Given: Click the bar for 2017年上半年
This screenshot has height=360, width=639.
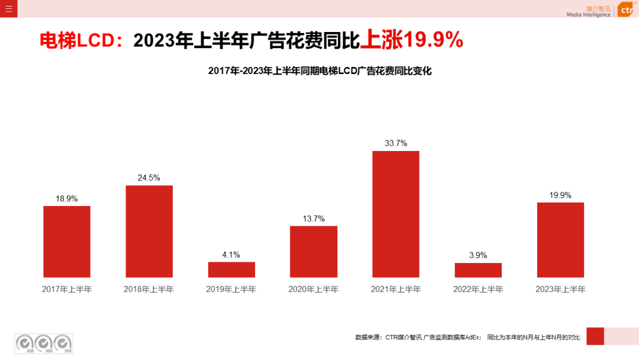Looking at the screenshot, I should [67, 242].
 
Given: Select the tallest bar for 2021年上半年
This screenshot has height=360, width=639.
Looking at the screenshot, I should [396, 214].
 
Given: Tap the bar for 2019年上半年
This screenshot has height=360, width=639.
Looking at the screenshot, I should [231, 269].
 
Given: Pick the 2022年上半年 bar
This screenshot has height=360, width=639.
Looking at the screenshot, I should [478, 270].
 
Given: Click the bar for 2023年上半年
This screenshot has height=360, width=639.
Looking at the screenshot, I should [560, 240].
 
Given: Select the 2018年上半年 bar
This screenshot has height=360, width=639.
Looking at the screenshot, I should [149, 231].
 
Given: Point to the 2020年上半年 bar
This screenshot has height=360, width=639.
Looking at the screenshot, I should [314, 252].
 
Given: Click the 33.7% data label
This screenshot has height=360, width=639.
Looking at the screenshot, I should [396, 143].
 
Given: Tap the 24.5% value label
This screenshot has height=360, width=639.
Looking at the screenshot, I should [149, 178].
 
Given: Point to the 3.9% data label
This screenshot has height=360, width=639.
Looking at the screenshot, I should [478, 255].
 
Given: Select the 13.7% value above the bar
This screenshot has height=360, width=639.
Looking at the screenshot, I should [314, 218].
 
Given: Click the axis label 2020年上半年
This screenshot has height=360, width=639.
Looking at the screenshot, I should [314, 290].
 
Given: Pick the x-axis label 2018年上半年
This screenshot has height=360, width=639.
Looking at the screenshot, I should [149, 290].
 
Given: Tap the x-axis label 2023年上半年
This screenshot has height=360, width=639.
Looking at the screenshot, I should [560, 290].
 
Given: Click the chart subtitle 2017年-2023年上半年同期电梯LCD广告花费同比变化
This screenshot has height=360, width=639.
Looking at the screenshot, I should [320, 71].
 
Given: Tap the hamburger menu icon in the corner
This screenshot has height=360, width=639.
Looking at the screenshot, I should [8, 8].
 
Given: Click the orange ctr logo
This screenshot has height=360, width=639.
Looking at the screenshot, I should [626, 9].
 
